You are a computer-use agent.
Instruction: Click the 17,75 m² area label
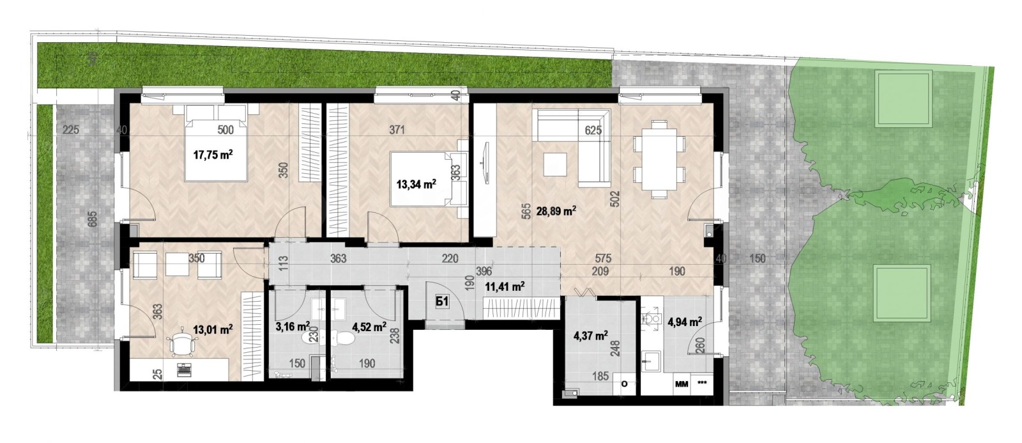(212, 154)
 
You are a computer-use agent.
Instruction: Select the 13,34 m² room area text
(416, 185)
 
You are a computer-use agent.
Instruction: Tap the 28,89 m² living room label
(556, 211)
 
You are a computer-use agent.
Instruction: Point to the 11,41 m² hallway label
(505, 287)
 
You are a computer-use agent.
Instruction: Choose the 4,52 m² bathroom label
(369, 327)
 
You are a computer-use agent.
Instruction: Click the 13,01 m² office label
(212, 330)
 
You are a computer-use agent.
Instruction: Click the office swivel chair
(181, 345)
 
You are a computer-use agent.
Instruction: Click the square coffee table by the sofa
(553, 165)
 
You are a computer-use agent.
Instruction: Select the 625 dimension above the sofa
(593, 130)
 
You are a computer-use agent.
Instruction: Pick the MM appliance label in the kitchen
(681, 385)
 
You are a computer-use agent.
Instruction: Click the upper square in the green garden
(903, 99)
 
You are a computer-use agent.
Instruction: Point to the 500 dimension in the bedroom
(225, 130)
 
